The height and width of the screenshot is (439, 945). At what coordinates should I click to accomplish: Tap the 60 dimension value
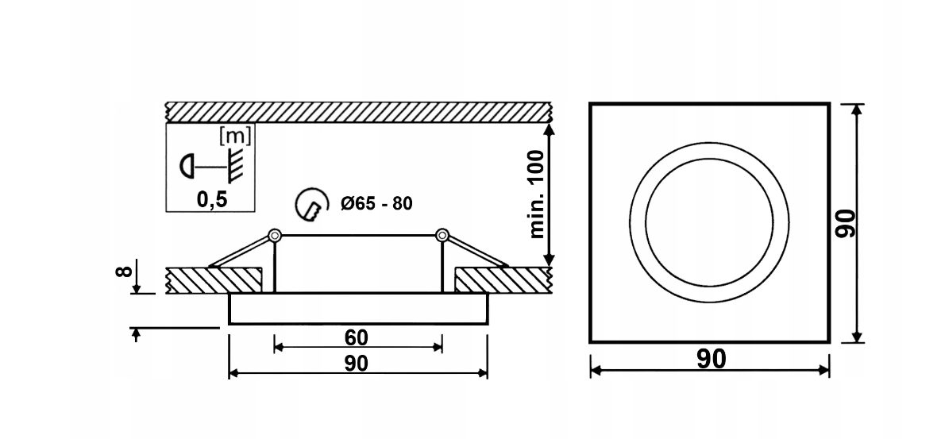(357, 338)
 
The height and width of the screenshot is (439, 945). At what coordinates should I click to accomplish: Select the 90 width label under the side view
(357, 363)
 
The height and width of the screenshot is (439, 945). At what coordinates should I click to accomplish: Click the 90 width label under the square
(712, 359)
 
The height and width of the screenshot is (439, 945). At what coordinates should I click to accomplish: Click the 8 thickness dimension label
(123, 271)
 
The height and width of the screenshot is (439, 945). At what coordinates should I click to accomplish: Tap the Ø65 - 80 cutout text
(376, 203)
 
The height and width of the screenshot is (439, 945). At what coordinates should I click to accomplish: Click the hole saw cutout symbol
(313, 203)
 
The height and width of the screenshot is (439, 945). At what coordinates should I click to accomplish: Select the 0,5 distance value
(211, 200)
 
